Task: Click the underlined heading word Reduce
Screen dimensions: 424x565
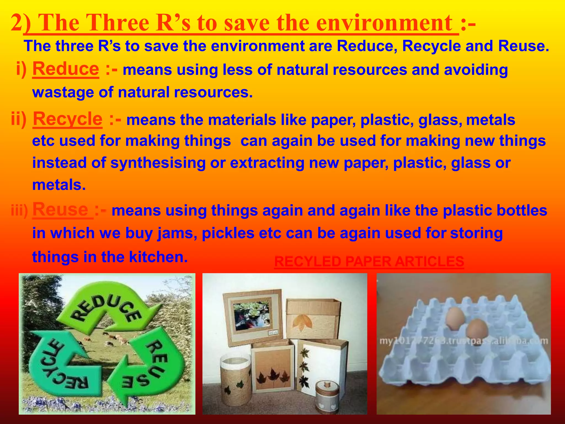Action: tap(66, 69)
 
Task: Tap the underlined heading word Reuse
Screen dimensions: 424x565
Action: tap(61, 210)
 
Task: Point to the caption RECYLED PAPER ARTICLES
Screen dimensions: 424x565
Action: tap(369, 261)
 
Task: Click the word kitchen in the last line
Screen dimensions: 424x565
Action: tap(158, 257)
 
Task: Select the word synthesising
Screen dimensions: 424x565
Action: tap(158, 163)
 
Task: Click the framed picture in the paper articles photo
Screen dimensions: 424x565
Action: tap(252, 315)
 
